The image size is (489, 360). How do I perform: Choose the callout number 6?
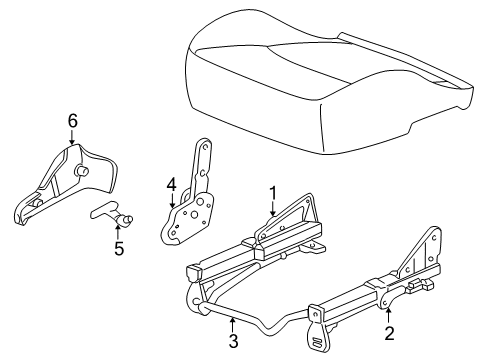[x=72, y=121]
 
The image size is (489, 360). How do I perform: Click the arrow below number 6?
[x=72, y=139]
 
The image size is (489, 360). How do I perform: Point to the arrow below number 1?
[x=271, y=210]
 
